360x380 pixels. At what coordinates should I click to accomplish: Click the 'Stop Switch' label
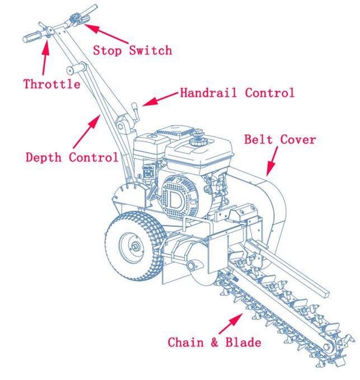coord(132,50)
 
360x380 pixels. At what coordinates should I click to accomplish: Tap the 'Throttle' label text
coord(51,85)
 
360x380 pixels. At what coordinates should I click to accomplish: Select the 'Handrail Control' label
coord(237,93)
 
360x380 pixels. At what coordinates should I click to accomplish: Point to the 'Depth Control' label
coord(72,157)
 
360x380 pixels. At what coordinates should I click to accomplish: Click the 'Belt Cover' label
coord(280,139)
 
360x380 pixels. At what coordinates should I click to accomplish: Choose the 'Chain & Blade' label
coord(214,342)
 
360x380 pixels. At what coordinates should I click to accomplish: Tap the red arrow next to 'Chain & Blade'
coord(231,323)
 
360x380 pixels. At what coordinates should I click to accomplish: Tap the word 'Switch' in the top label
coord(151,50)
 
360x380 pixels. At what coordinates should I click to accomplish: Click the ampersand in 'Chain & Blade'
coord(214,342)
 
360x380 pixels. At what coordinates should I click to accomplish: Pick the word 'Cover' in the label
coord(298,139)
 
